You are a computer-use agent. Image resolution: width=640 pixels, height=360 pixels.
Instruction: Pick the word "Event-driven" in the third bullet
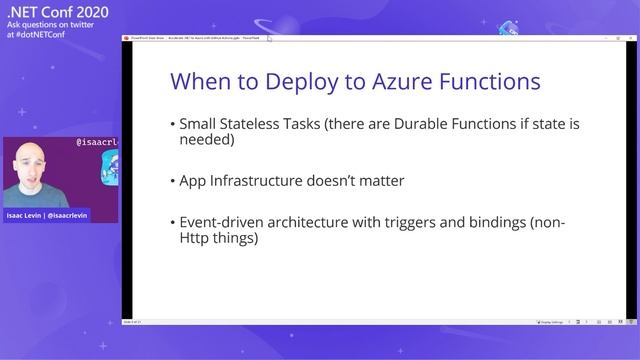click(223, 223)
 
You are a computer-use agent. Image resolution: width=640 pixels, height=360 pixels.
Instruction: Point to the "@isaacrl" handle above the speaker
click(97, 143)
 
